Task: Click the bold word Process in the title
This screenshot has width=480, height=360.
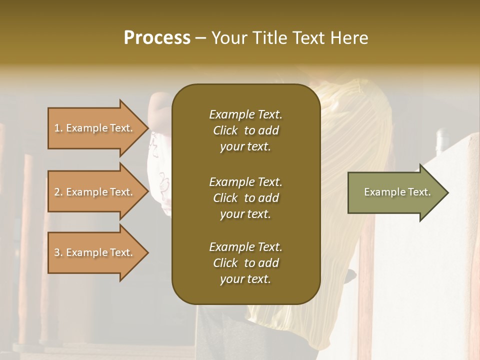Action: (x=157, y=38)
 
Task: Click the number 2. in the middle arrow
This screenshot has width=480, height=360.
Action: (x=58, y=192)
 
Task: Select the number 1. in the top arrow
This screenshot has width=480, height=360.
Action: (x=58, y=128)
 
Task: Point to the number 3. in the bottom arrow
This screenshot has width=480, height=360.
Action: (x=58, y=252)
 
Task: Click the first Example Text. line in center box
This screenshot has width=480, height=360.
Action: (x=245, y=114)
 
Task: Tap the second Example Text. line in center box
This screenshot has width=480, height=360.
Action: (x=245, y=181)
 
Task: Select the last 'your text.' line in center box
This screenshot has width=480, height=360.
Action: (x=245, y=279)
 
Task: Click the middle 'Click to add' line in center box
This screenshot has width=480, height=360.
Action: (x=245, y=198)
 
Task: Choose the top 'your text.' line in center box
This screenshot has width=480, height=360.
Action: (x=245, y=147)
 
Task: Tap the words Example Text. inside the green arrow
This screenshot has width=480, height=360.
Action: (x=397, y=192)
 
